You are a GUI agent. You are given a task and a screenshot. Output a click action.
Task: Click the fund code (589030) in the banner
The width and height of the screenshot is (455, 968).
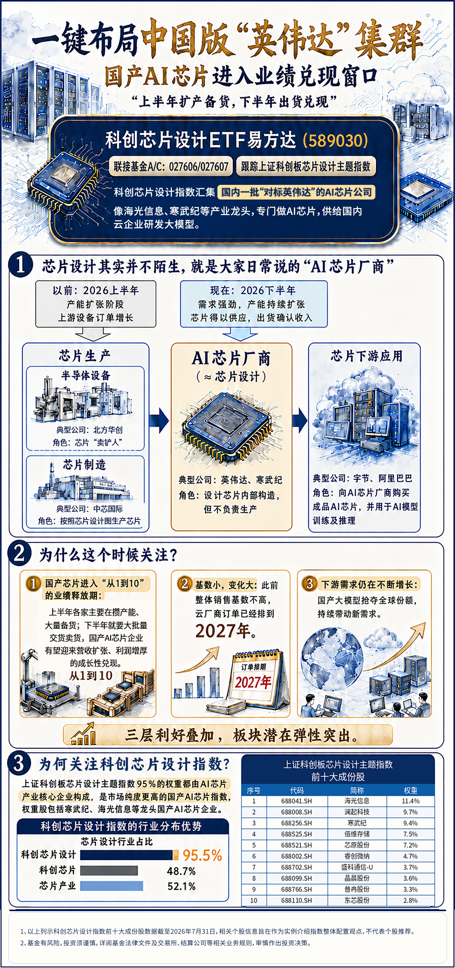click(x=335, y=140)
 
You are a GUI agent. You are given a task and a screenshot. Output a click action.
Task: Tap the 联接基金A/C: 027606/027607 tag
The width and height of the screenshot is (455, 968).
click(x=171, y=166)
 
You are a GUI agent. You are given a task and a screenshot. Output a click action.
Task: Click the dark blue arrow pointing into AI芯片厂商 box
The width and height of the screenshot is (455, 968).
click(x=159, y=420)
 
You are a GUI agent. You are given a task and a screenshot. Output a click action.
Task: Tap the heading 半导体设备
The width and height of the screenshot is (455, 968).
click(x=86, y=375)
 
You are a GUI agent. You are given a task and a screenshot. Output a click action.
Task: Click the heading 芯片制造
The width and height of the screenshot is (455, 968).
click(x=85, y=465)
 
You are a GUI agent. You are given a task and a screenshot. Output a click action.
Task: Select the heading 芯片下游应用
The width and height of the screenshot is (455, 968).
click(x=366, y=356)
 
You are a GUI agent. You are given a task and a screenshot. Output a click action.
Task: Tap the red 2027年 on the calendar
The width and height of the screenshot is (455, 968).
click(x=253, y=682)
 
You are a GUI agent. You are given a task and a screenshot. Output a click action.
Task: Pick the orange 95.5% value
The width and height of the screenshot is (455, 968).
click(x=202, y=855)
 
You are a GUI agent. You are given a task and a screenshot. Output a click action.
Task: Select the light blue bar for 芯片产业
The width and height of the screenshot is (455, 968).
click(x=112, y=886)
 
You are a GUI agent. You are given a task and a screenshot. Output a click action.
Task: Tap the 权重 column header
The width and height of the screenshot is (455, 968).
click(x=410, y=790)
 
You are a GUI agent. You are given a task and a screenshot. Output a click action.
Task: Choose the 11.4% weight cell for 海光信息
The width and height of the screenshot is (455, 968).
click(x=410, y=801)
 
